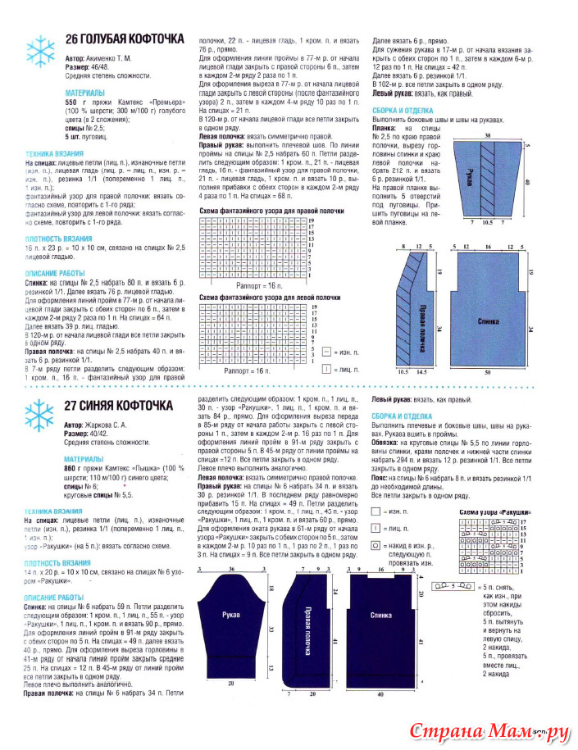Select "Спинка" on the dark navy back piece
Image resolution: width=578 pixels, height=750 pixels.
tap(380, 614)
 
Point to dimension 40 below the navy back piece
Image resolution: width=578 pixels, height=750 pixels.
tap(380, 693)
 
